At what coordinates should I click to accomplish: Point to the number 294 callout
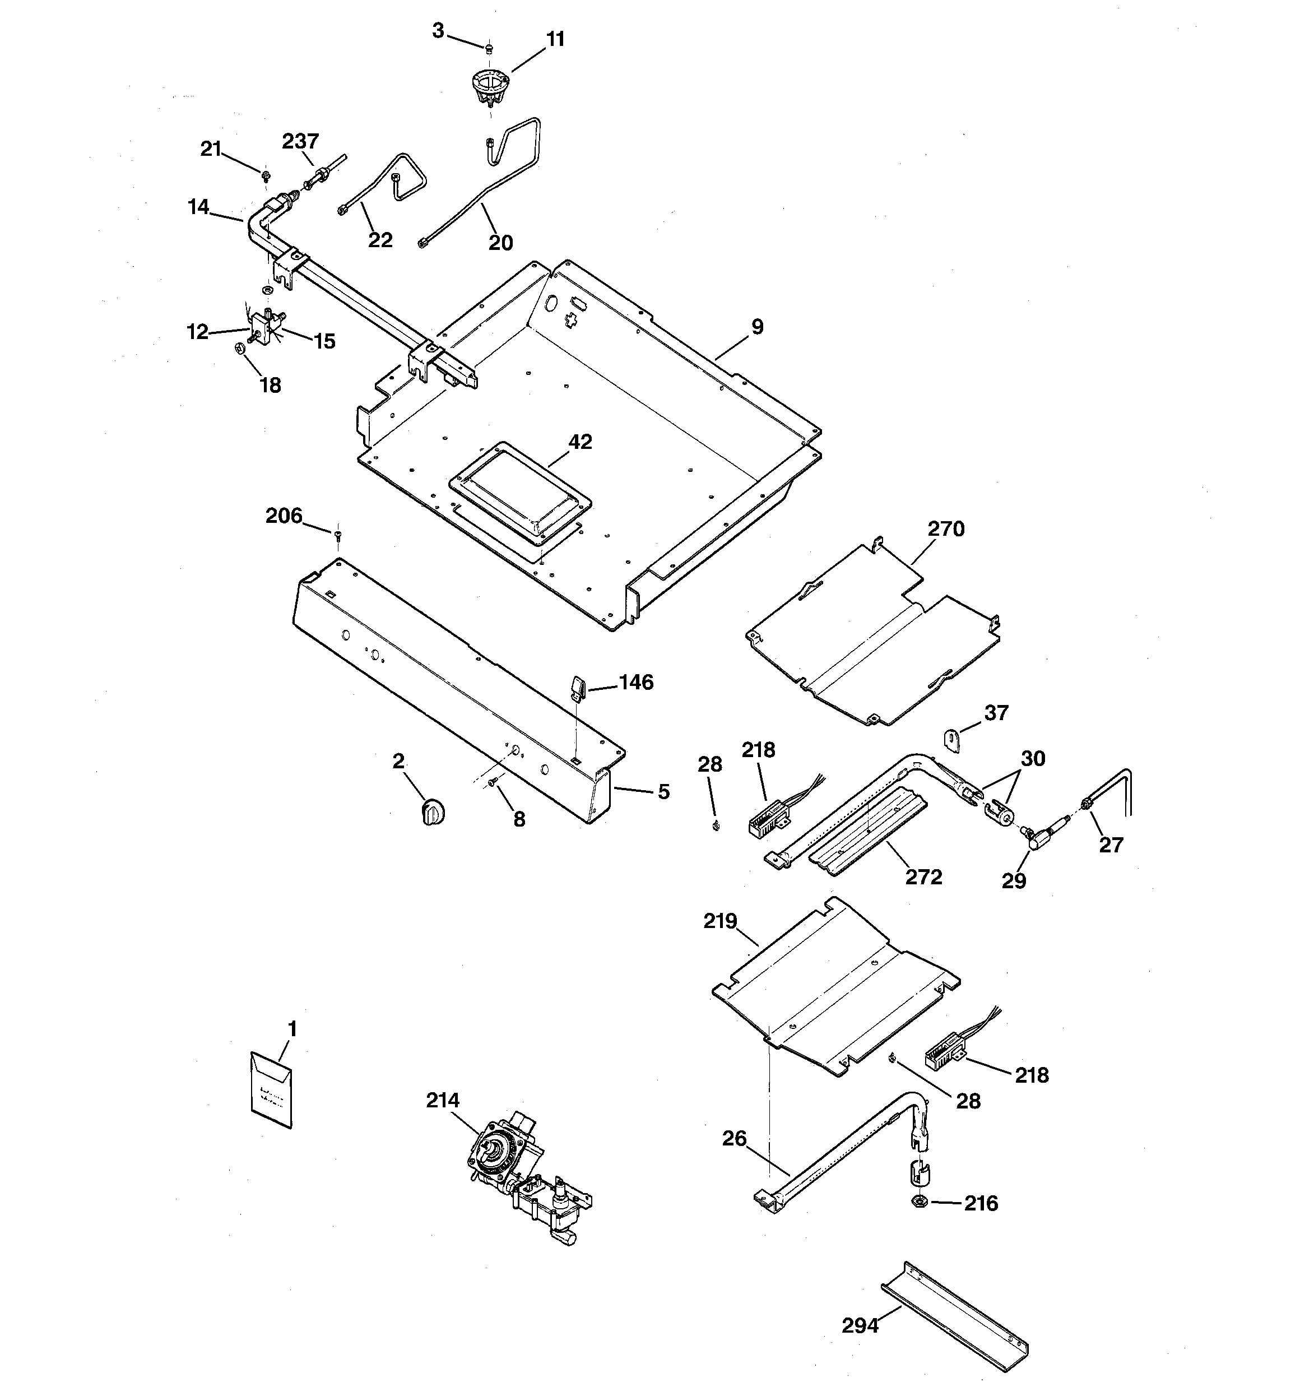pos(860,1325)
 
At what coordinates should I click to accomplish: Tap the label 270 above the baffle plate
pos(945,529)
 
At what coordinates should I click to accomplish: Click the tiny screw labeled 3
pos(489,48)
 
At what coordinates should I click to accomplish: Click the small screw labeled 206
pos(338,535)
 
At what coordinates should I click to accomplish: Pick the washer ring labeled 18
pos(239,347)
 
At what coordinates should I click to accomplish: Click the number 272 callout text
pos(923,876)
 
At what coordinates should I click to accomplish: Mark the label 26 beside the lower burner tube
pos(734,1139)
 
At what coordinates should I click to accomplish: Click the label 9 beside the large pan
pos(757,327)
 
